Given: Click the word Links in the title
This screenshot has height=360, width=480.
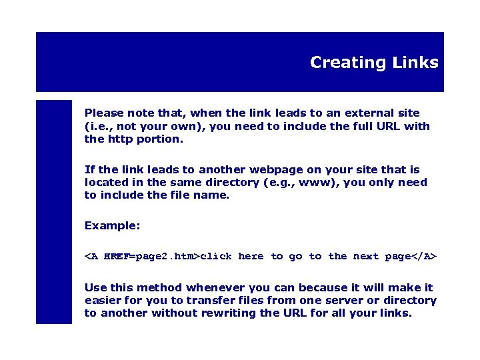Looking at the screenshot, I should [415, 63].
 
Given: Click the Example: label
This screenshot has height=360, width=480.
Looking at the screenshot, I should [112, 226].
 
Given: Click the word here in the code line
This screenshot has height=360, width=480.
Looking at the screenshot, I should [251, 256].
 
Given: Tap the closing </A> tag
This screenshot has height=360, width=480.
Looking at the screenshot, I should [424, 256].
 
